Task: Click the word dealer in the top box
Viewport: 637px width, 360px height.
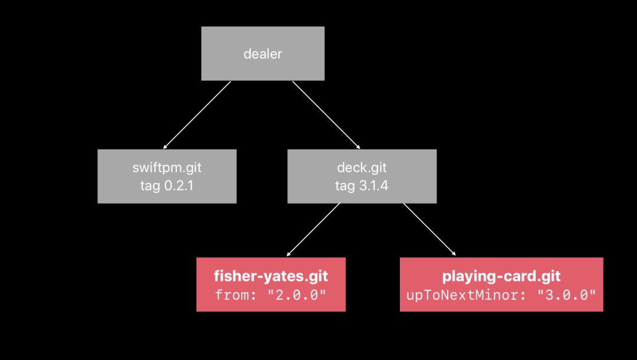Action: coord(262,54)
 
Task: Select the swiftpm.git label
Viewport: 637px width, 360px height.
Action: coord(167,168)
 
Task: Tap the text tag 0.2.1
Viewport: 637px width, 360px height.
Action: coord(167,185)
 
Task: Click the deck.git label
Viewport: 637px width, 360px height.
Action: coord(362,168)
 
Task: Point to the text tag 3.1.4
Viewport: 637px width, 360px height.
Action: coord(362,185)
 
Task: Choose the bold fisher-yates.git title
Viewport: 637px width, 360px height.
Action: coord(271,276)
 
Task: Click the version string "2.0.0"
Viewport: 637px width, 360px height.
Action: coord(297,294)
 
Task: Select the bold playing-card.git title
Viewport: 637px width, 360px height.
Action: coord(501,276)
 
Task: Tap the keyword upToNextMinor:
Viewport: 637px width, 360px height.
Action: coord(462,294)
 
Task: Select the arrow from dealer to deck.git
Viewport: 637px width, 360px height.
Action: coord(326,114)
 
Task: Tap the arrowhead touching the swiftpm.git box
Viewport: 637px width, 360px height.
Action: coord(165,146)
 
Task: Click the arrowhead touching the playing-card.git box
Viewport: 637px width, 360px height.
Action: coord(454,254)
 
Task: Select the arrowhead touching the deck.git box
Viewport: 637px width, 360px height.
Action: coord(357,146)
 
